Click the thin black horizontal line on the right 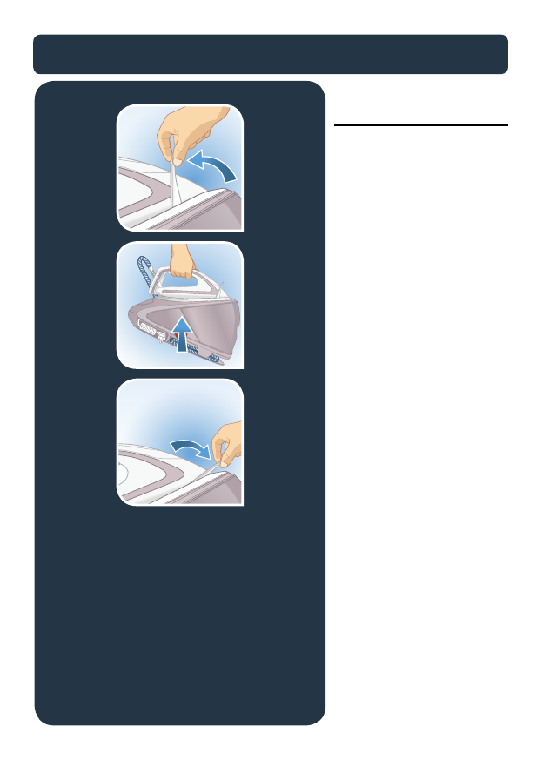click(421, 125)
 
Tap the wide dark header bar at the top click(271, 55)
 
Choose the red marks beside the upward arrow click(164, 336)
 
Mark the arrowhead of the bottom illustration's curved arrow click(206, 452)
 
